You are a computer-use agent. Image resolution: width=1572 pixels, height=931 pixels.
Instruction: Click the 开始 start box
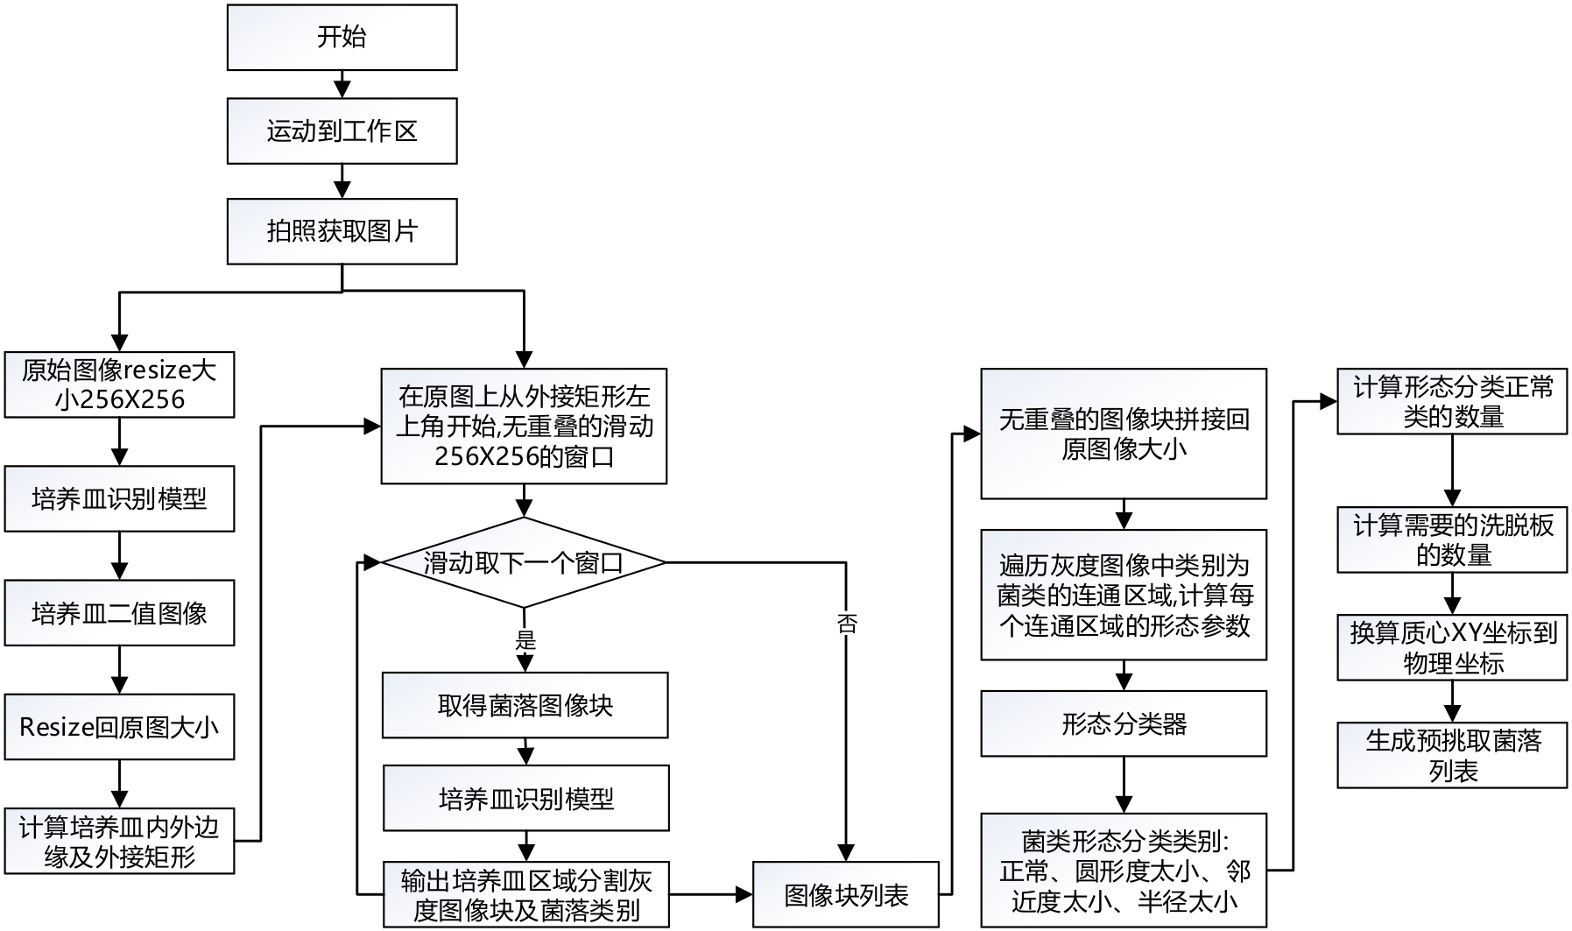point(342,37)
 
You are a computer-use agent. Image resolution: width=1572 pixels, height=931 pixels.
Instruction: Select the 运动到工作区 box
point(342,131)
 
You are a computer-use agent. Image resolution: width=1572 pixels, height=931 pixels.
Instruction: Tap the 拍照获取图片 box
point(342,231)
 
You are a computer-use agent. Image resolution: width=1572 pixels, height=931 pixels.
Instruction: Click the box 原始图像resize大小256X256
point(119,384)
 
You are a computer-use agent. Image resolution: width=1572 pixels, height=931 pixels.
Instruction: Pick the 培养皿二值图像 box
point(119,613)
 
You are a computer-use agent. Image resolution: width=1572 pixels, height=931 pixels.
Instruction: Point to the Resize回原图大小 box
point(119,727)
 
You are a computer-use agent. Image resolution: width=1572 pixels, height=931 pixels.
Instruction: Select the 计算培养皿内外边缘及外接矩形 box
point(119,841)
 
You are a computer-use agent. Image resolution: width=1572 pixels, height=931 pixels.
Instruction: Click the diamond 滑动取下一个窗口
point(524,562)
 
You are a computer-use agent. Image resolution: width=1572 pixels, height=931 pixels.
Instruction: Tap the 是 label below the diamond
point(525,640)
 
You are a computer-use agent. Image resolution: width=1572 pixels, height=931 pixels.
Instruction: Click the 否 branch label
point(847,624)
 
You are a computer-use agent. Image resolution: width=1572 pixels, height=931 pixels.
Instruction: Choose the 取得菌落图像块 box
point(525,705)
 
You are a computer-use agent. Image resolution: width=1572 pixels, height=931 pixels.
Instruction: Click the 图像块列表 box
point(846,895)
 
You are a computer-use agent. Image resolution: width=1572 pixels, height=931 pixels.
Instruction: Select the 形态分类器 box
point(1124,723)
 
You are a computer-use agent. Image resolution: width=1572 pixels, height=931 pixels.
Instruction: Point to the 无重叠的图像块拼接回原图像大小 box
point(1124,434)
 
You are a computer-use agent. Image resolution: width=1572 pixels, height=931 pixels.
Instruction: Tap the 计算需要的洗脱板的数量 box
point(1452,540)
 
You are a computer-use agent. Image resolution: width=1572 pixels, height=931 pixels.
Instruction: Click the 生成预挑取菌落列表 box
point(1452,755)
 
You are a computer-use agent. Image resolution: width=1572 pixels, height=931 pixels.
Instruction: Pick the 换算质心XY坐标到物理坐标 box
point(1452,647)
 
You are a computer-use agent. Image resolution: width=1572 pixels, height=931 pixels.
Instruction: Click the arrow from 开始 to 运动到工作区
point(342,84)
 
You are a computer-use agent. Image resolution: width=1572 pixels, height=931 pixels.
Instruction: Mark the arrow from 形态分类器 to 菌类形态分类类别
point(1124,785)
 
